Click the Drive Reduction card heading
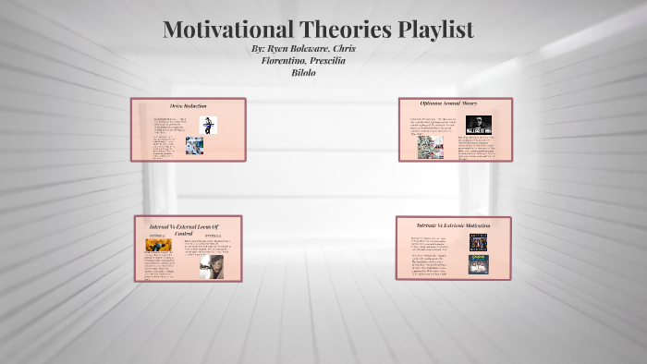188,106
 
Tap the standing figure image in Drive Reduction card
210,125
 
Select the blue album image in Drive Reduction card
194,145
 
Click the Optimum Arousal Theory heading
455,104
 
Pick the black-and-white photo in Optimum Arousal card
478,124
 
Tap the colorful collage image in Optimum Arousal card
430,147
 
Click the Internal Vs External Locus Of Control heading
189,229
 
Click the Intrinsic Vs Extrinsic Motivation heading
453,224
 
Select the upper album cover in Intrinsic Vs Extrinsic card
478,242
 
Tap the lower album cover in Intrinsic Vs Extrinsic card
478,264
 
